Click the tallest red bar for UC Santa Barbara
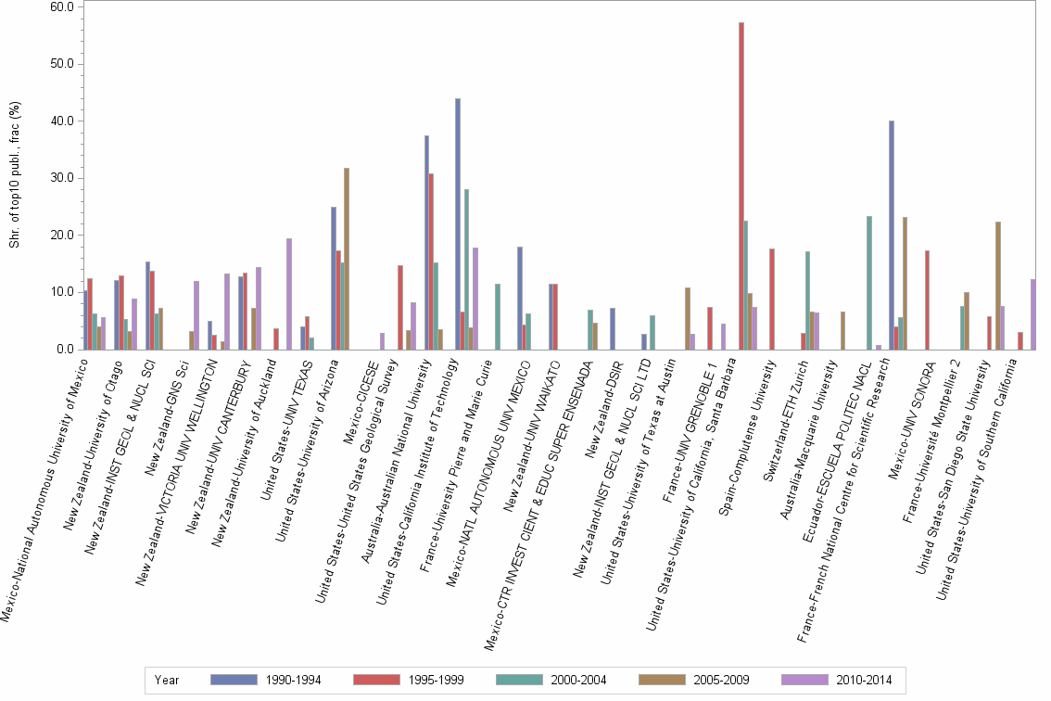point(741,185)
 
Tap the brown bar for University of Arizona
point(347,259)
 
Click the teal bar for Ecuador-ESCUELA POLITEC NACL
point(868,283)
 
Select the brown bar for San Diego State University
point(997,286)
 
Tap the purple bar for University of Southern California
point(1033,314)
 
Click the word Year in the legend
point(167,680)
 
